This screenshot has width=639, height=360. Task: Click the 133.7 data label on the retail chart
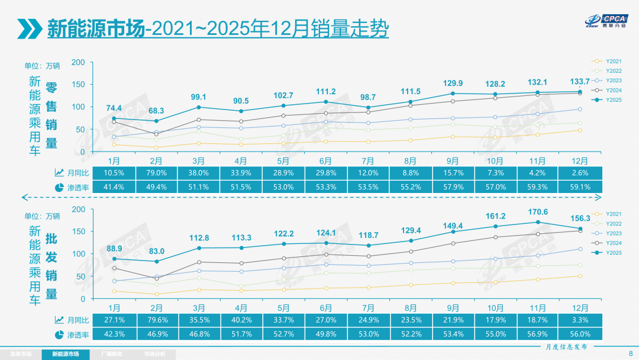click(579, 82)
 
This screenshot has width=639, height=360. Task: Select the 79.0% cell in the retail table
click(157, 173)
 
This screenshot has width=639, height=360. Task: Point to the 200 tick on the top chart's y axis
click(78, 62)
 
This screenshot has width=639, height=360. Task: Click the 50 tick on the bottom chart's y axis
click(80, 277)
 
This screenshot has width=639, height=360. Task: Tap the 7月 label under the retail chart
click(368, 161)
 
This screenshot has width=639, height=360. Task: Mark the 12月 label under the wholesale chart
click(580, 308)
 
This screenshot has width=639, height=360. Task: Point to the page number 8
click(630, 353)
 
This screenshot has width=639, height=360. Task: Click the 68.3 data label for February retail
click(157, 111)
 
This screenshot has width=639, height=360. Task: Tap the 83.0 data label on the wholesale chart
click(157, 251)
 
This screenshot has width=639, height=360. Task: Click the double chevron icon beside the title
click(28, 28)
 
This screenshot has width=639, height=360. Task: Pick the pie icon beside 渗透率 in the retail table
click(59, 187)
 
